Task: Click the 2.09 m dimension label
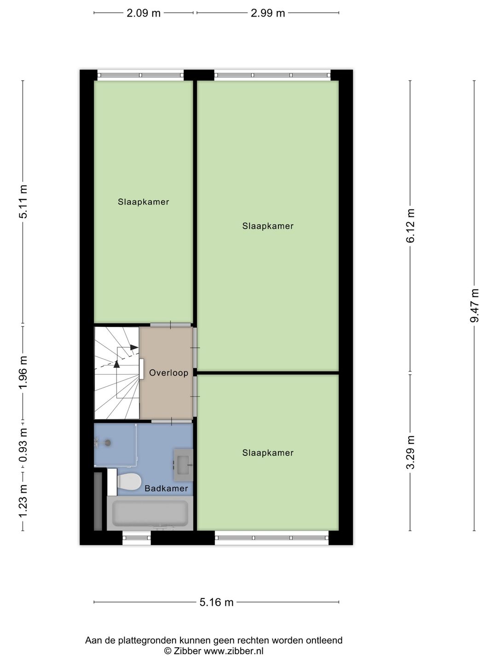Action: pos(144,13)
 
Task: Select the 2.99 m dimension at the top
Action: pos(268,13)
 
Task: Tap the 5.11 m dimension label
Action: pos(23,202)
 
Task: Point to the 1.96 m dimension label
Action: pos(23,372)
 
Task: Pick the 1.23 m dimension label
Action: pos(23,500)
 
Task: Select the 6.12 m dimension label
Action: pos(410,226)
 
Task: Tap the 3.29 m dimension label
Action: pos(410,452)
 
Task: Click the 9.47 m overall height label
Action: pos(474,306)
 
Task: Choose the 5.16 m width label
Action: pos(216,602)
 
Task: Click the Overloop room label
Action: pos(168,373)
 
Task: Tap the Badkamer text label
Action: pos(166,489)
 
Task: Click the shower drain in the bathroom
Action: pos(108,443)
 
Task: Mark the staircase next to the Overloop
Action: pos(116,373)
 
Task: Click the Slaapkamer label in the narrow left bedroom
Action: pos(143,202)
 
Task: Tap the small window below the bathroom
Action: pos(137,538)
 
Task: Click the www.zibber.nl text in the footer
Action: pos(234,651)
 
